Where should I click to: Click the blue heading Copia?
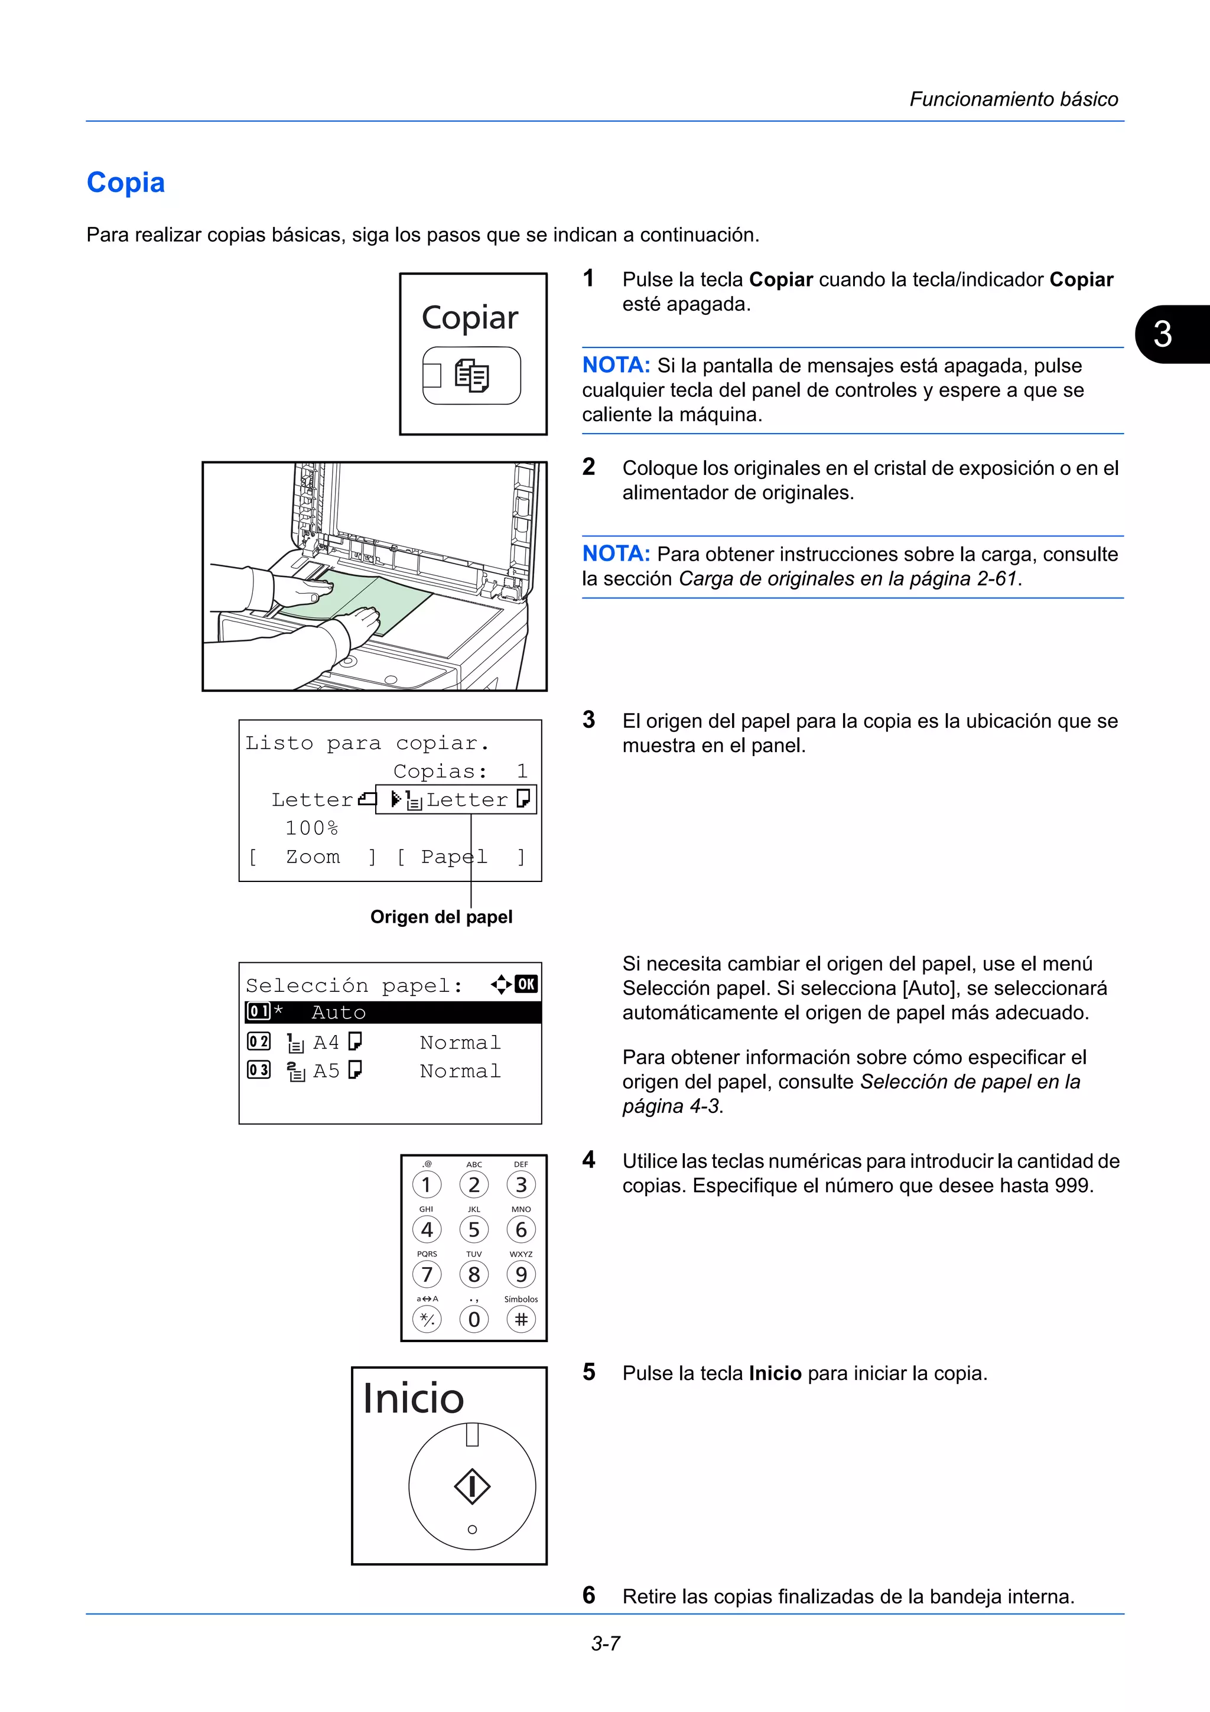(125, 183)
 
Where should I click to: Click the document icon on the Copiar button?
(472, 376)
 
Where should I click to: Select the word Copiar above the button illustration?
(470, 318)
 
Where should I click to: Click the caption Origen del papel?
(441, 916)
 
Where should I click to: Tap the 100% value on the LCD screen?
(311, 828)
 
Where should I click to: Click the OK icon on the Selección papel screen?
(526, 984)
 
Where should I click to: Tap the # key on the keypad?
(521, 1320)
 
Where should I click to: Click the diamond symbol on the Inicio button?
(472, 1487)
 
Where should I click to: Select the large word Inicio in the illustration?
(413, 1398)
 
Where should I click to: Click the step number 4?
(589, 1160)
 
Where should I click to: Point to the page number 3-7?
(606, 1643)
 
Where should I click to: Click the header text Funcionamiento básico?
(1013, 99)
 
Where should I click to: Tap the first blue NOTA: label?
(616, 365)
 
